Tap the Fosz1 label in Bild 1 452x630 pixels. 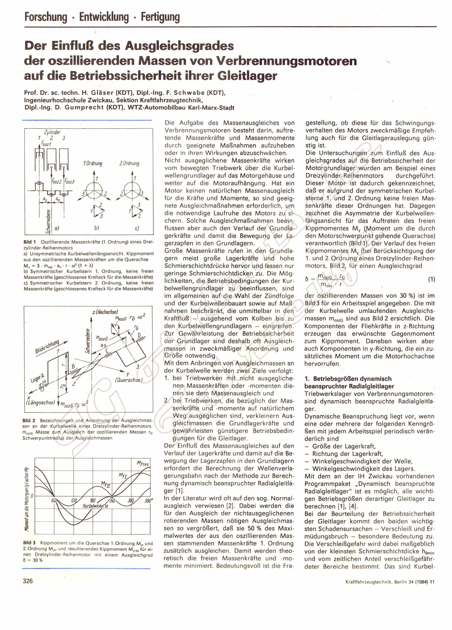[x=47, y=144]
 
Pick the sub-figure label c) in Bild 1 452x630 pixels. [x=137, y=228]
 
